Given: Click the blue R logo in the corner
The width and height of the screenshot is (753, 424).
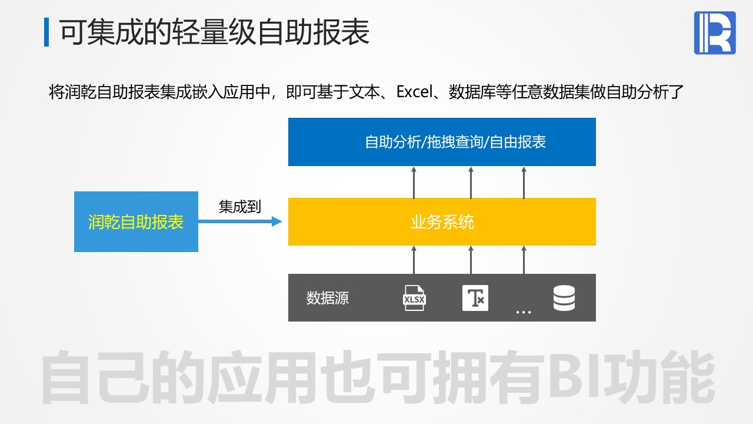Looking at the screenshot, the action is tap(715, 32).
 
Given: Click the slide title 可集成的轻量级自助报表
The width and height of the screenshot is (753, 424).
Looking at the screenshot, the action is tap(215, 32).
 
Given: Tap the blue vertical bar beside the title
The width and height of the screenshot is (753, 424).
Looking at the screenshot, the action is tap(46, 32).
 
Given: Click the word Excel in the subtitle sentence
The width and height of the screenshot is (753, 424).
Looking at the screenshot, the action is tap(415, 91).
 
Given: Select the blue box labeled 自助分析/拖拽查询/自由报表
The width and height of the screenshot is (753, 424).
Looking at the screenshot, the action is tap(442, 142).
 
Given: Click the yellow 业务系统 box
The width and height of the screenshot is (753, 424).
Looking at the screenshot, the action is tap(442, 221).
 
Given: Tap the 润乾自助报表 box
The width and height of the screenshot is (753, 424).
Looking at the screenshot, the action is tap(136, 221).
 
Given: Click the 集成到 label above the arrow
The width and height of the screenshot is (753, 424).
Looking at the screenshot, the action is tap(239, 206).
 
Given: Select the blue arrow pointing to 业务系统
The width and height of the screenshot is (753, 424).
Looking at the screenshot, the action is tap(240, 221).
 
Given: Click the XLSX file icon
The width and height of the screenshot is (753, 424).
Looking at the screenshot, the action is tap(414, 298).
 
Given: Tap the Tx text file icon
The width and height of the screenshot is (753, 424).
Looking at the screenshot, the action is tap(475, 298).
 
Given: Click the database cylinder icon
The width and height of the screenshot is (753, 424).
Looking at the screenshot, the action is tap(564, 298).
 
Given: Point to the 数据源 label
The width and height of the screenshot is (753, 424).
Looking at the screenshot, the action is tap(328, 298).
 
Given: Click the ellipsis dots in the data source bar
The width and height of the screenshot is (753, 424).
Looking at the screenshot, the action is tap(524, 312).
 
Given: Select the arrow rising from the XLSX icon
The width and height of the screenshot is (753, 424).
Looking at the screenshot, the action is tap(414, 260).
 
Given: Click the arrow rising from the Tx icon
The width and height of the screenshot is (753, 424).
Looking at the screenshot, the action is tap(471, 260).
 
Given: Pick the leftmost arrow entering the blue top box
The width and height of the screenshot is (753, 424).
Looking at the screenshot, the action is tap(414, 183).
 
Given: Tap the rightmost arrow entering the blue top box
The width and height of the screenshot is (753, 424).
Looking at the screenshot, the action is tap(524, 183).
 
